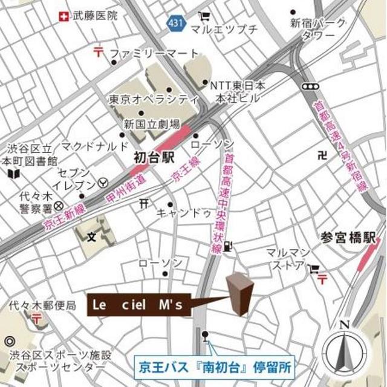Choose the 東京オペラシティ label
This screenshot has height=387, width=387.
pos(154,99)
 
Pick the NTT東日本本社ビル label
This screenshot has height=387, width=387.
pos(237,92)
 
